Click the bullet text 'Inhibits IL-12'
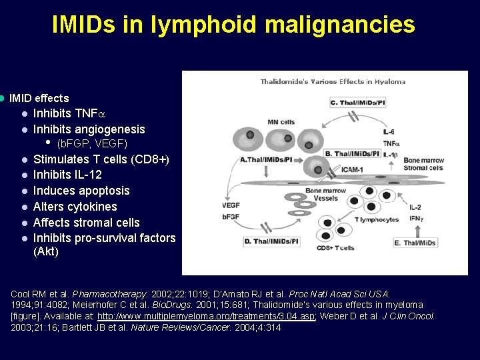(x=67, y=175)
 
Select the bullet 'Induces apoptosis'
(x=81, y=191)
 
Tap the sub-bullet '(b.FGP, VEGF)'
(x=92, y=144)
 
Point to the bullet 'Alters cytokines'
(x=75, y=207)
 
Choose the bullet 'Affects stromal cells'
(x=87, y=223)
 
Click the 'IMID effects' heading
(x=39, y=99)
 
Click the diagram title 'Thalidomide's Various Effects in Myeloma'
(x=333, y=82)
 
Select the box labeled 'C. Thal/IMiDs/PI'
(x=357, y=103)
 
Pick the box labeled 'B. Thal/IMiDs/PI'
(x=352, y=154)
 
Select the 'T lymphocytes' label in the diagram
(x=377, y=219)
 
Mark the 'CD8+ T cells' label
(x=335, y=248)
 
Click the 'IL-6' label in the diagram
(x=389, y=132)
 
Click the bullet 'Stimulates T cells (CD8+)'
(x=101, y=159)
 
